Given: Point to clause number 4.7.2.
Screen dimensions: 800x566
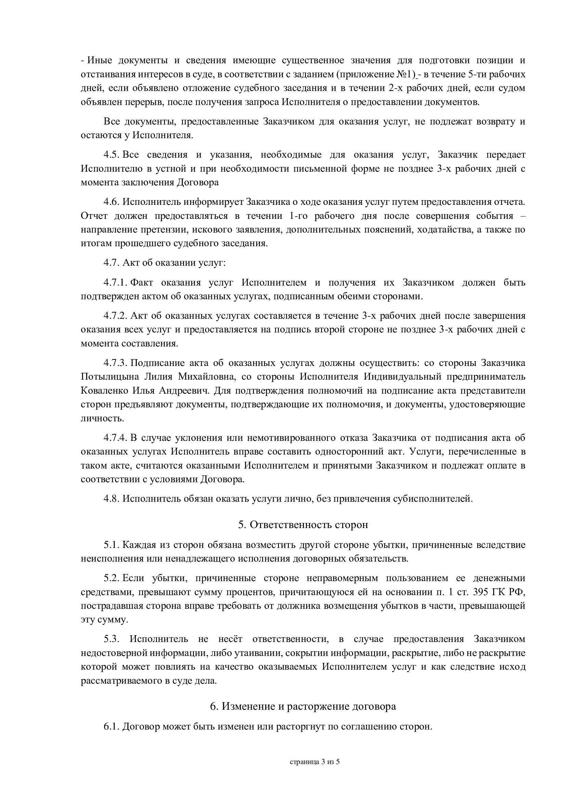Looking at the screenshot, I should pos(115,316).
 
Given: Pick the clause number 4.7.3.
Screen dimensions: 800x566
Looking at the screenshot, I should pos(115,363).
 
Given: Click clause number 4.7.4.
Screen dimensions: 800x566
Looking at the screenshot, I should pos(115,438).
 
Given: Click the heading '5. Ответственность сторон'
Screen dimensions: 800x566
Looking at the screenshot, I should pos(303,525).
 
